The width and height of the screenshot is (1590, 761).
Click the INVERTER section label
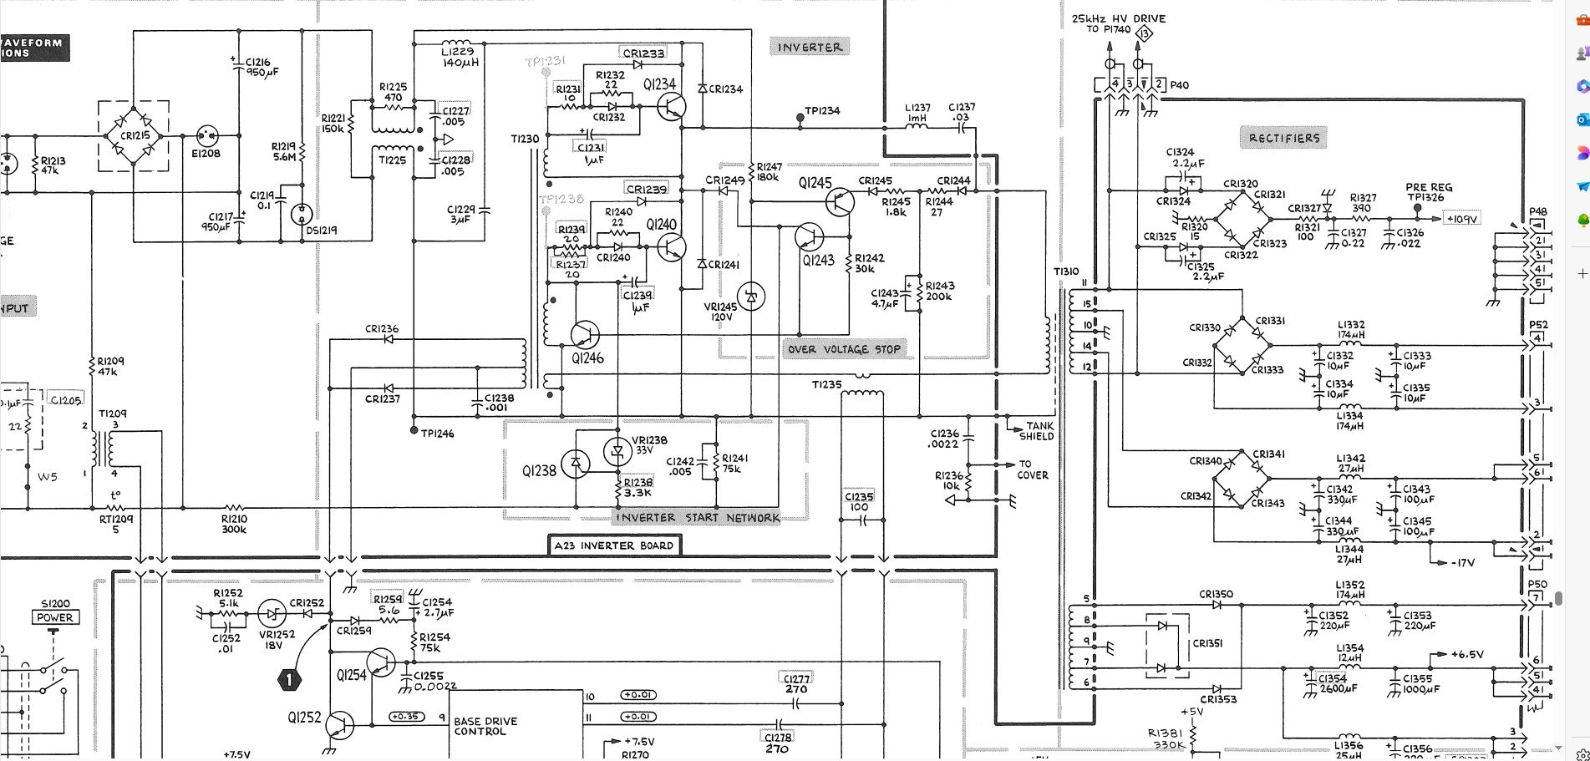point(810,48)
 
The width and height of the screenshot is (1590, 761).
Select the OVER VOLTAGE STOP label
point(844,349)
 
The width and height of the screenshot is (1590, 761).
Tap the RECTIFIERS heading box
point(1284,138)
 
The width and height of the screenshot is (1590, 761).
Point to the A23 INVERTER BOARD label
point(613,545)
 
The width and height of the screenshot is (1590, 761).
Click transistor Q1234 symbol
point(671,107)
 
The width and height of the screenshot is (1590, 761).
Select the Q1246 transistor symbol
point(585,335)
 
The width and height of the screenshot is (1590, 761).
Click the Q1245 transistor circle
point(840,201)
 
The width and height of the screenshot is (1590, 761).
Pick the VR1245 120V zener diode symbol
point(751,297)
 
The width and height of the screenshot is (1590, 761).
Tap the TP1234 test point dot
point(800,118)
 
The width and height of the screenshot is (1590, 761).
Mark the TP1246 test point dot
point(414,430)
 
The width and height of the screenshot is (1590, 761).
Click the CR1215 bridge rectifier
point(135,135)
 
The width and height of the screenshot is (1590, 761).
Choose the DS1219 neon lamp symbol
point(302,214)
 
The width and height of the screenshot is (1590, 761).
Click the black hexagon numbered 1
point(289,680)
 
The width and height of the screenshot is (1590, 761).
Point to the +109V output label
point(1461,219)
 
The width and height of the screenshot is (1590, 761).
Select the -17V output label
point(1462,563)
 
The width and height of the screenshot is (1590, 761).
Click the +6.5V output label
point(1467,655)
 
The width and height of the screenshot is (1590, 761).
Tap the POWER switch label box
point(55,617)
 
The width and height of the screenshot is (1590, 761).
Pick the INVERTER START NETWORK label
point(698,518)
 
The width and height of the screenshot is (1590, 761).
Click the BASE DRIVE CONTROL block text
point(485,726)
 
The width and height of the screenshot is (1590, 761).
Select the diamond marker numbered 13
point(1145,33)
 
